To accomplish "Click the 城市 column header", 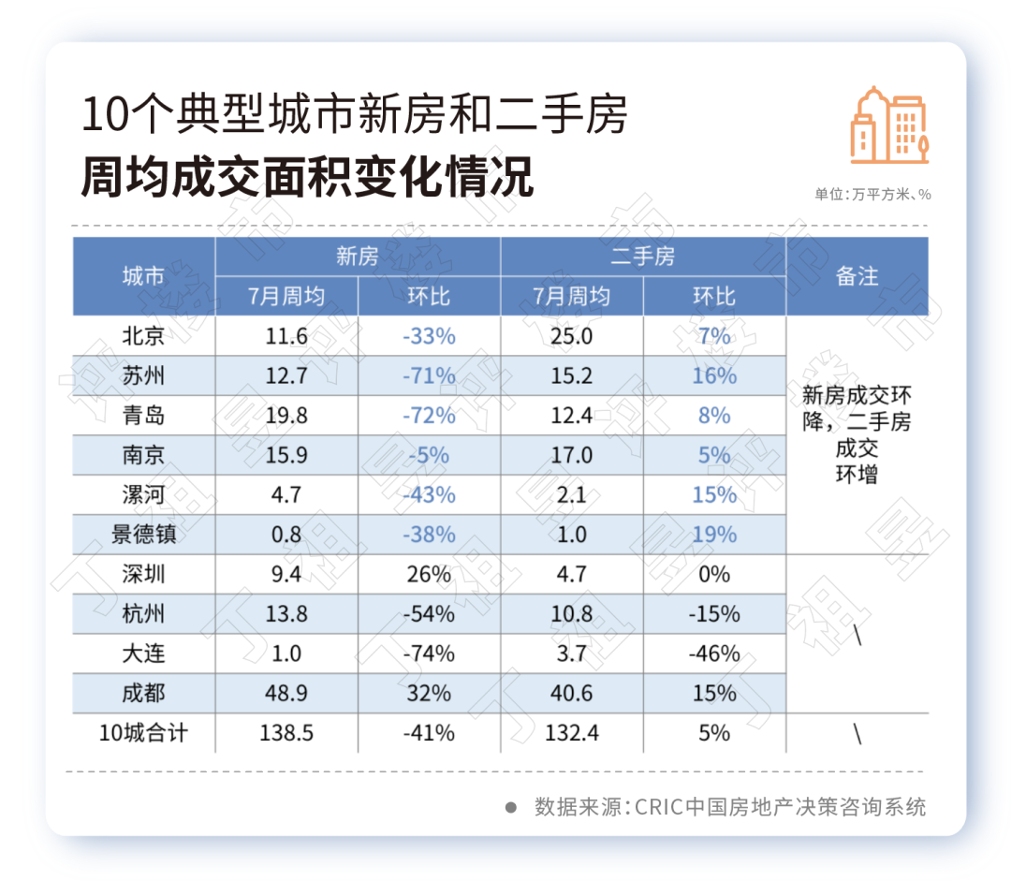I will click(143, 276).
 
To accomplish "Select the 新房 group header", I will click(358, 256).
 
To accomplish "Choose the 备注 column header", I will click(857, 276).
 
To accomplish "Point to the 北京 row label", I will click(143, 335).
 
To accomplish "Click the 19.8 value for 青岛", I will click(286, 415).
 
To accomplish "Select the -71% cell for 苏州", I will click(429, 375).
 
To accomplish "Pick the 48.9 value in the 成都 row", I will click(286, 693).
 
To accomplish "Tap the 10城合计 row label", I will click(143, 732).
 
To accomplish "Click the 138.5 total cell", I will click(286, 732).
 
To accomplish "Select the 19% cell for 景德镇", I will click(714, 535).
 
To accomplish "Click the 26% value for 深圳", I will click(429, 574).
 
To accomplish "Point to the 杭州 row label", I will click(143, 614).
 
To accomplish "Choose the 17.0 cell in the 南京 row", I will click(571, 455).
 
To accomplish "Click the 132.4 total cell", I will click(571, 732).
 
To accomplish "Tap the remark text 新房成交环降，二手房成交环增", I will click(857, 433).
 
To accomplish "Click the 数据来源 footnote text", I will click(729, 806).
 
